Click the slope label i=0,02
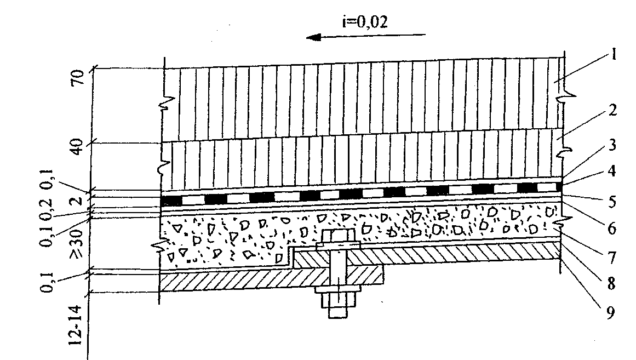(365, 21)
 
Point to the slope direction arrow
(366, 37)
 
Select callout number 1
(614, 54)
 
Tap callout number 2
(613, 110)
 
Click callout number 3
(613, 145)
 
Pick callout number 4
(612, 171)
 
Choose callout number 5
(612, 201)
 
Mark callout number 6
(612, 228)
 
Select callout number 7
(612, 258)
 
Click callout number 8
(612, 284)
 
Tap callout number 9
(611, 312)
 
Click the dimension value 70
(77, 77)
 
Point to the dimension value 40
(77, 145)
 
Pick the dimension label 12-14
(76, 325)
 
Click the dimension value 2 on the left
(78, 201)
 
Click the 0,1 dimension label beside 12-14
(48, 282)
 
